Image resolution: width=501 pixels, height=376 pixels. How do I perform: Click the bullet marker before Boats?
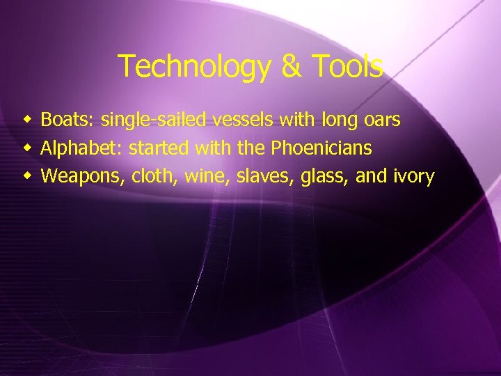pos(27,120)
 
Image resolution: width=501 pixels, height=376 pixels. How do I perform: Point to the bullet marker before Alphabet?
pos(27,148)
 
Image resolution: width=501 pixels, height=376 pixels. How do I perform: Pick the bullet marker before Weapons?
pos(27,175)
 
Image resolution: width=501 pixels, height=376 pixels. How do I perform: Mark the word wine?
pos(207,176)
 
